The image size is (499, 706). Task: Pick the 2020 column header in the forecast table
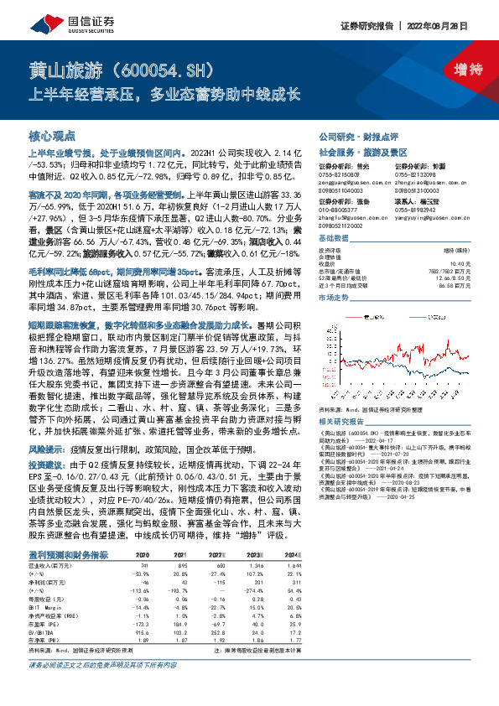pos(142,555)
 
